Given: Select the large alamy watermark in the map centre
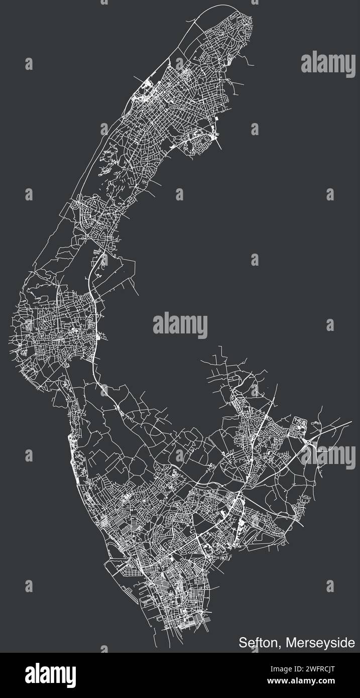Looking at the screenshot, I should [180, 325].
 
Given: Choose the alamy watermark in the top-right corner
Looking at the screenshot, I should [328, 62].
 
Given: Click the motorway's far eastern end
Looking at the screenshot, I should [350, 422].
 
